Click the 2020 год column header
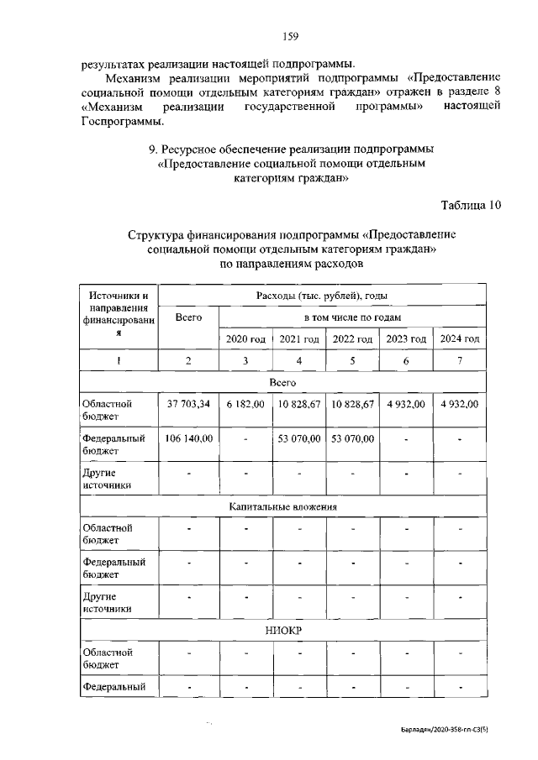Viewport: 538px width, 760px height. pyautogui.click(x=245, y=338)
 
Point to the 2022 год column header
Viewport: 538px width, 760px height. pyautogui.click(x=352, y=338)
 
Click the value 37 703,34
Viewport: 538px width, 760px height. pyautogui.click(x=189, y=404)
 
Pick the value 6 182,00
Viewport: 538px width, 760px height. pyautogui.click(x=245, y=404)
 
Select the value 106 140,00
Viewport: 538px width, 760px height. pyautogui.click(x=189, y=438)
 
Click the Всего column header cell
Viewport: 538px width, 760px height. pyautogui.click(x=189, y=317)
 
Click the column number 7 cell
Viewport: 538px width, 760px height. pyautogui.click(x=459, y=360)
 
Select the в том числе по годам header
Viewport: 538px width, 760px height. pyautogui.click(x=352, y=317)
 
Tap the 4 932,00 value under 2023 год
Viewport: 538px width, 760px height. pyautogui.click(x=406, y=404)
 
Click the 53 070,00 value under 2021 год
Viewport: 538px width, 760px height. pyautogui.click(x=299, y=438)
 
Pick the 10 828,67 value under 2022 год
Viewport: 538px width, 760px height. pyautogui.click(x=352, y=404)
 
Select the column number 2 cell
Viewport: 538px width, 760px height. pyautogui.click(x=189, y=360)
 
